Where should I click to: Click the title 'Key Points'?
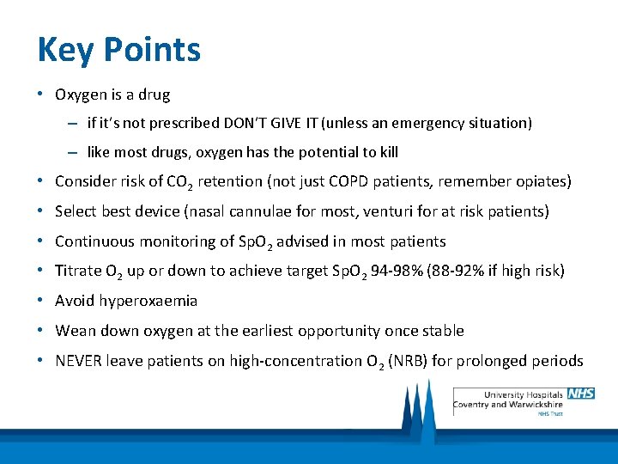[x=118, y=50]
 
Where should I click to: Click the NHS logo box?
[x=580, y=394]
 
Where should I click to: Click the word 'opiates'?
[x=542, y=181]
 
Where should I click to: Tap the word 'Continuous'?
[x=94, y=241]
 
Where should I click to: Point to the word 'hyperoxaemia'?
[x=149, y=301]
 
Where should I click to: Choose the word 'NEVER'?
[x=78, y=360]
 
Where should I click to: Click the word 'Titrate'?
[x=78, y=271]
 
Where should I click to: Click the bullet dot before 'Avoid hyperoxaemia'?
[x=41, y=301]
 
